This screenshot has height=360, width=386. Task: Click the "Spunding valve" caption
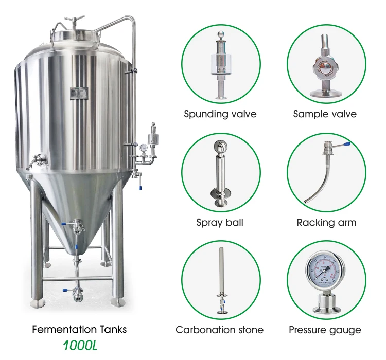(x=220, y=114)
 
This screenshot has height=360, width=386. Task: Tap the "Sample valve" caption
(x=325, y=114)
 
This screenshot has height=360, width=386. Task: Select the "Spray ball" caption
(x=220, y=223)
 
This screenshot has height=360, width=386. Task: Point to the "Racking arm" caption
(x=326, y=223)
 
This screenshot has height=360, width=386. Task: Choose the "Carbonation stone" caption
(x=220, y=330)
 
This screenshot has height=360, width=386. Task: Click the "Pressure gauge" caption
(x=325, y=330)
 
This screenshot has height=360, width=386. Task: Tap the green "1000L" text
(x=79, y=345)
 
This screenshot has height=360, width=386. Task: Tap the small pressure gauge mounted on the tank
(x=142, y=148)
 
